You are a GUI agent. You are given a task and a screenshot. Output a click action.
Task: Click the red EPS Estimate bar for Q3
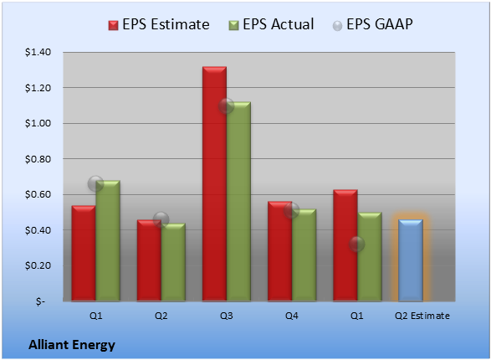coord(214,184)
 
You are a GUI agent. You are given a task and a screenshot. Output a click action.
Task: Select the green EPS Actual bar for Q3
coord(238,202)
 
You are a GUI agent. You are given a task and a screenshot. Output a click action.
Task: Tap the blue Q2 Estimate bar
coord(411,260)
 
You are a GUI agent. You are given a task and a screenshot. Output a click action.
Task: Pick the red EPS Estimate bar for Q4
coord(280,251)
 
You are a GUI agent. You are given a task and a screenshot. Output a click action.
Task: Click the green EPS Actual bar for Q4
coord(304,255)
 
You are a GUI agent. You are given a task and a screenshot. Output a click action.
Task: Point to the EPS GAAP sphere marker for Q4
coord(292,210)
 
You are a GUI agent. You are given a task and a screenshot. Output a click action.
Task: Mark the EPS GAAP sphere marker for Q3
coord(226,105)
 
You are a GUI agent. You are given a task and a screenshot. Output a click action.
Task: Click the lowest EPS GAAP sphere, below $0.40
coord(356,244)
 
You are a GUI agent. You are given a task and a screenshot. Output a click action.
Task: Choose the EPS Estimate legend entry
coord(159,24)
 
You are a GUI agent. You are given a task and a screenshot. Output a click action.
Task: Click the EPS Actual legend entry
coord(271,24)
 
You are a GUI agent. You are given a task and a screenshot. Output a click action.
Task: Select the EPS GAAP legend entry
coord(372,24)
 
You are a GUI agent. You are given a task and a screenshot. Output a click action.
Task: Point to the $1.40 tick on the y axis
coord(38,52)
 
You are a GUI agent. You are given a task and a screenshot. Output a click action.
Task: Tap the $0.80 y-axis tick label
coord(38,159)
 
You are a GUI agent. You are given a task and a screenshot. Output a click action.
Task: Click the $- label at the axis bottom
coord(40,301)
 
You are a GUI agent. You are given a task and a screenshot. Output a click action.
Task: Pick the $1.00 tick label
coord(38,123)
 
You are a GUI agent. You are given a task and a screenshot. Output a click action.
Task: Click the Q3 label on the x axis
coord(227,316)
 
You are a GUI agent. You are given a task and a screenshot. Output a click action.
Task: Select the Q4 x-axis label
coord(292,316)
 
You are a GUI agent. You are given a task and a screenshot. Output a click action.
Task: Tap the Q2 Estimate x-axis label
coord(422,316)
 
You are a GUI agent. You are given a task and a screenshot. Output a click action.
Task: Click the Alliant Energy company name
coord(72,345)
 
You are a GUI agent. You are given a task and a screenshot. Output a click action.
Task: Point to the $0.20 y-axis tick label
coord(38,265)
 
